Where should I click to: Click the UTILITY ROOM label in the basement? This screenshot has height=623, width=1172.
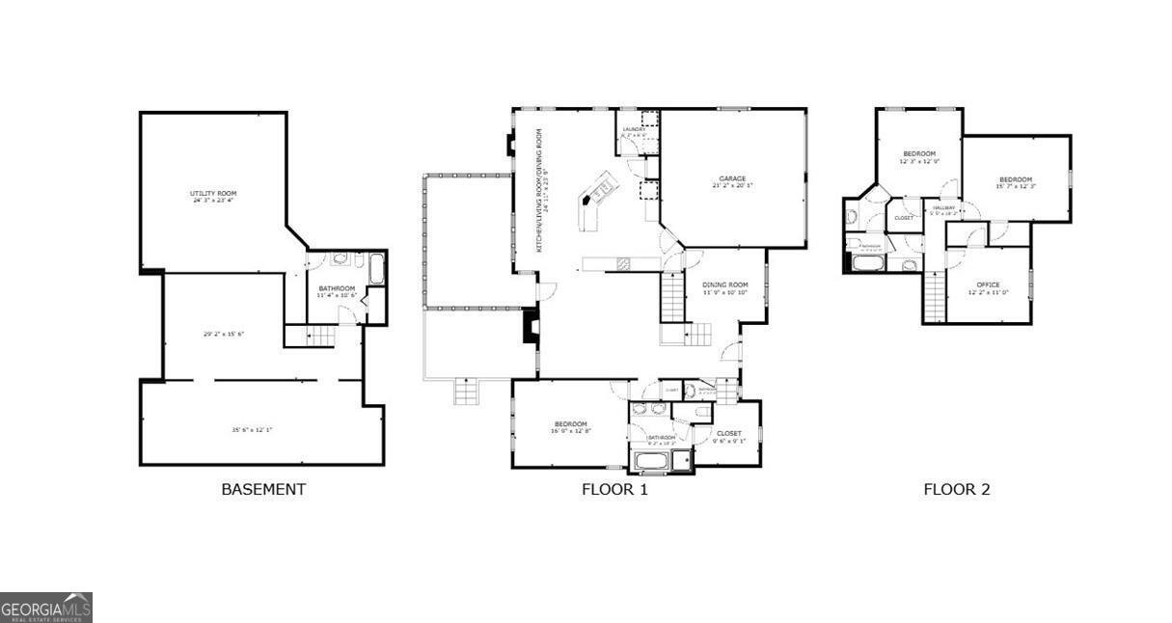click(x=212, y=195)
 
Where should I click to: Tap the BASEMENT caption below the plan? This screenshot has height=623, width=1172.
click(x=263, y=489)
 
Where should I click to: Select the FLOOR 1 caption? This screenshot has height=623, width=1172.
click(x=614, y=489)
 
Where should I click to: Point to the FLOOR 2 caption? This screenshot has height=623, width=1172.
click(x=957, y=489)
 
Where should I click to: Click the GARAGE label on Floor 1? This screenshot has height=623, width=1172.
click(x=732, y=179)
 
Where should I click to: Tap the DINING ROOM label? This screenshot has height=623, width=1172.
click(x=724, y=284)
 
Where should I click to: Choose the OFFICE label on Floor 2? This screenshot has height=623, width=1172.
click(x=987, y=284)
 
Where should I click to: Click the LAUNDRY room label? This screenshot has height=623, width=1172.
click(x=634, y=129)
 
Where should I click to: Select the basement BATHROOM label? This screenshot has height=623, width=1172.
click(x=337, y=288)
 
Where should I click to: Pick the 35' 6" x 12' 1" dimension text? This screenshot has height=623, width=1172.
click(x=252, y=429)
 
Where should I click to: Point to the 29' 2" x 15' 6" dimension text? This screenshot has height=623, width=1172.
click(x=224, y=334)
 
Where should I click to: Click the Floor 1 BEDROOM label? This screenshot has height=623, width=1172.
click(x=570, y=424)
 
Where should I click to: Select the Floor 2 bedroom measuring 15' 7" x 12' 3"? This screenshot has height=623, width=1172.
click(x=1015, y=180)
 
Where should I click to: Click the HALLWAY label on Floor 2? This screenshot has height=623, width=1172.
click(x=942, y=207)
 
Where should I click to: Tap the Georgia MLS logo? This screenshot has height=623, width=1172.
click(x=46, y=608)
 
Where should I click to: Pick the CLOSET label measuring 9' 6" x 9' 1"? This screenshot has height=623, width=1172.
click(x=728, y=435)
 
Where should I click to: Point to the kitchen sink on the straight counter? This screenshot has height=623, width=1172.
click(x=623, y=262)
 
